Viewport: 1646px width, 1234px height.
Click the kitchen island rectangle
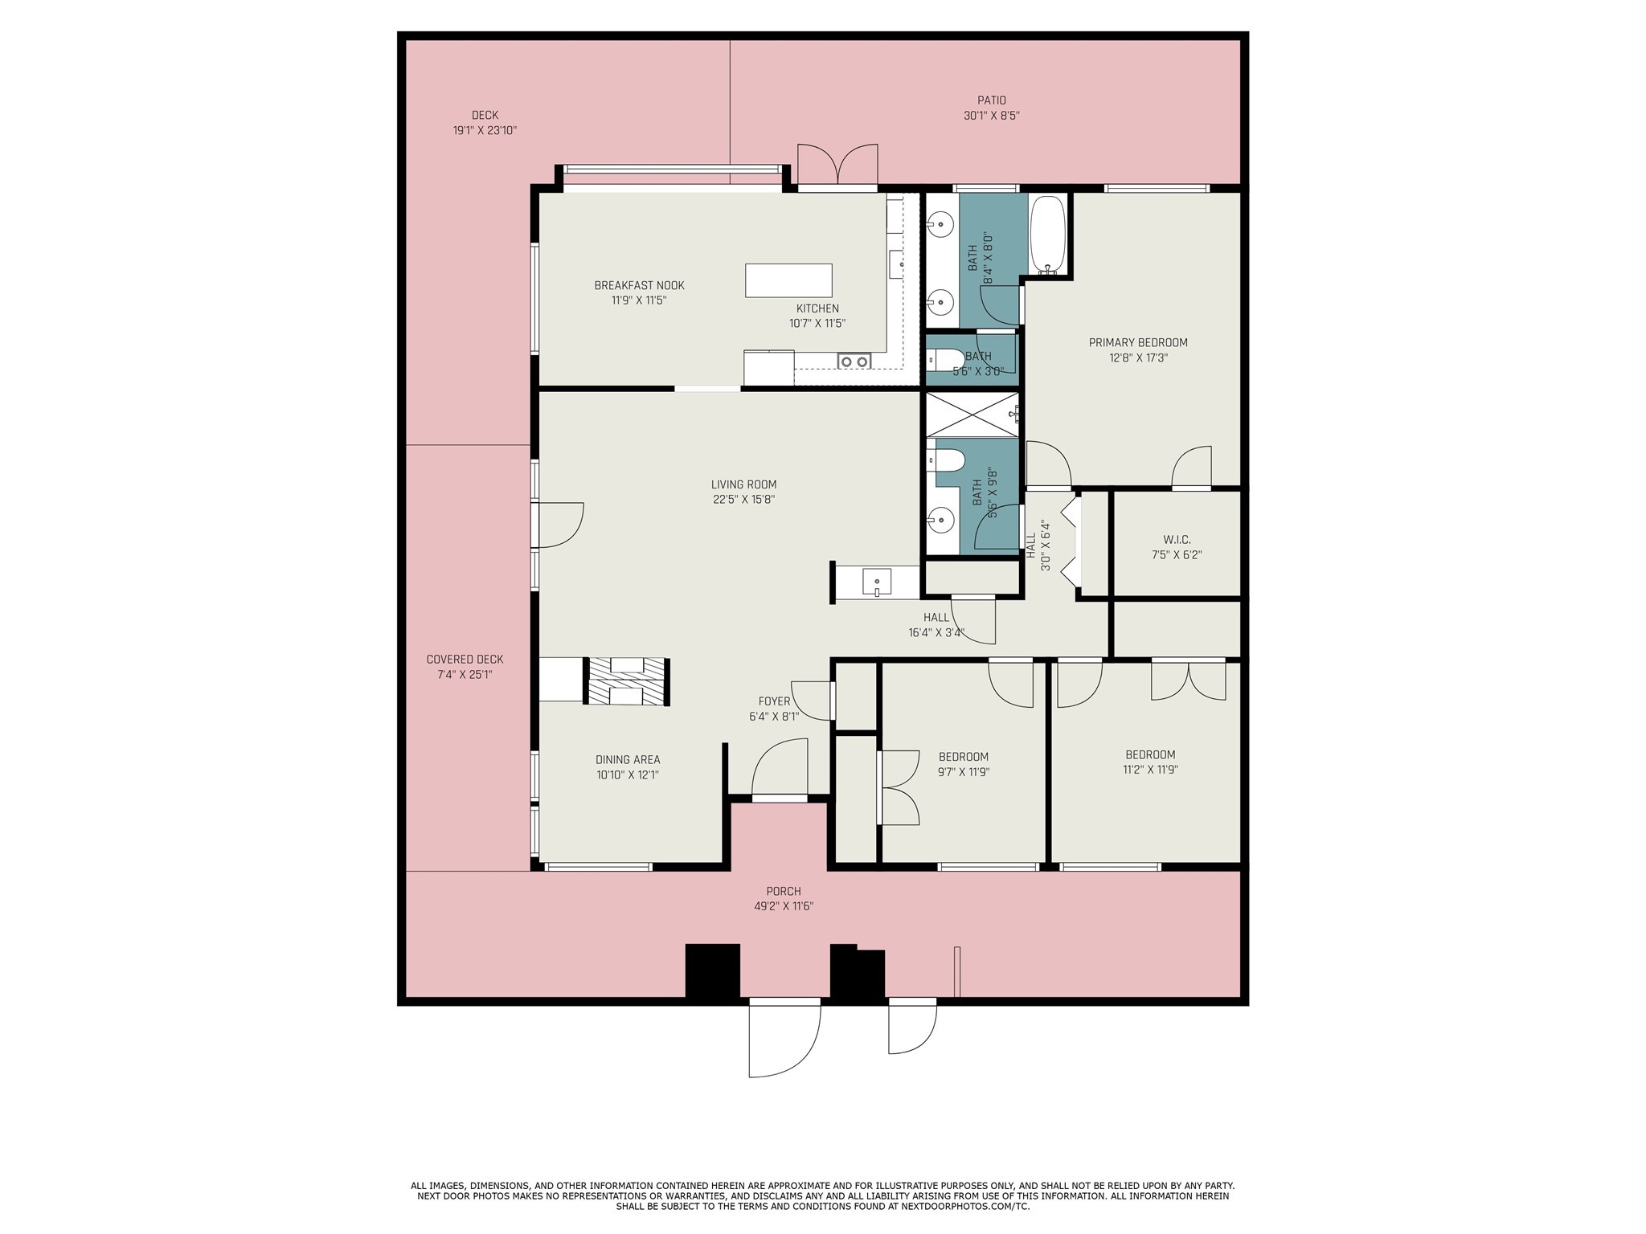(788, 280)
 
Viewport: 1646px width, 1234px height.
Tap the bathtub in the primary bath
(1048, 234)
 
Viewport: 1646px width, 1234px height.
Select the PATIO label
(991, 100)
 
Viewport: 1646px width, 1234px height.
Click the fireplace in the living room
(627, 681)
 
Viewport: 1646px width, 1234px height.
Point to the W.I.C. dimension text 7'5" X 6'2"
(1176, 554)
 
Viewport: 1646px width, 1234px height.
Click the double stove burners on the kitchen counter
(854, 362)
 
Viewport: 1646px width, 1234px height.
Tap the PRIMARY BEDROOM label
(1137, 342)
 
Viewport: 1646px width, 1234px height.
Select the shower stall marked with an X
(972, 415)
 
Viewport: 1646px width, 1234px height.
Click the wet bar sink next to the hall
(876, 580)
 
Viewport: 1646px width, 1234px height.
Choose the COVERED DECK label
(465, 660)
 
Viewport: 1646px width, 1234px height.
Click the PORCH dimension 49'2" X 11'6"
(783, 906)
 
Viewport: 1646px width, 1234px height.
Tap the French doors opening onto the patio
(837, 167)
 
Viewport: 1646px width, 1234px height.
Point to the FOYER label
(774, 701)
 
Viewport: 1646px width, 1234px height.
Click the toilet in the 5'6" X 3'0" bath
(946, 359)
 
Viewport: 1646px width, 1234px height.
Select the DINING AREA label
(628, 759)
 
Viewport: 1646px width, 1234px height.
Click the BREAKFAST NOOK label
(639, 285)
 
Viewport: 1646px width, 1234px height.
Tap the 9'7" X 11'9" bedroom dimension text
(963, 772)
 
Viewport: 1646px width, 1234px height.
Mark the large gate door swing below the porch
(784, 1038)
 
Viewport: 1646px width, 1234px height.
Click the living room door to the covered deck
(559, 525)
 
